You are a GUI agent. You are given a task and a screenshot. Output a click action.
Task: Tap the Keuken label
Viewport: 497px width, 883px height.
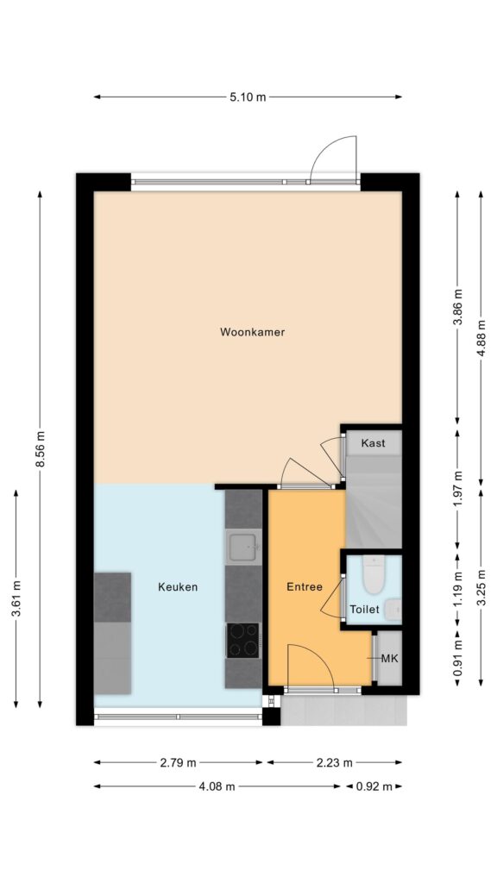point(178,586)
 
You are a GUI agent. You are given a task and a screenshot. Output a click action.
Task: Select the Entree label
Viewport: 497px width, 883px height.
point(305,586)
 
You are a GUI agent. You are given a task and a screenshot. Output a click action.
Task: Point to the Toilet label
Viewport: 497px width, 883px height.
point(364,610)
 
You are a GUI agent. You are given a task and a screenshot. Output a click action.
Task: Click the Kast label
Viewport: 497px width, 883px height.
point(373,443)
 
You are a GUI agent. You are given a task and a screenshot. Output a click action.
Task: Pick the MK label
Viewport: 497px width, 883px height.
point(389,658)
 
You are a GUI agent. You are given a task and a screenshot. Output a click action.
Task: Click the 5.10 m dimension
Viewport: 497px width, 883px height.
point(248,97)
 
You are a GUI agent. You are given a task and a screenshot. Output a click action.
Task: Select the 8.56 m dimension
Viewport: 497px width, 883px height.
point(40,448)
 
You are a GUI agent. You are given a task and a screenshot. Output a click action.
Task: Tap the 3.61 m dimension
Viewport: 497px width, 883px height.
point(16,598)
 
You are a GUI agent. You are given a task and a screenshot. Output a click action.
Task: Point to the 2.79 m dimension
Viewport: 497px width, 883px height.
point(178,763)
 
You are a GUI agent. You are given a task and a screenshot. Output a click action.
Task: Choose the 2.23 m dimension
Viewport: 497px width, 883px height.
point(334,763)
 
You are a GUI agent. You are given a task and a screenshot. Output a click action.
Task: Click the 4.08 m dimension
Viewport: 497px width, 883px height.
point(217,786)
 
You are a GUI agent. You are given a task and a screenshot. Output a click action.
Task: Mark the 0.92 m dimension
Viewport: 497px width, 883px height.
point(374,786)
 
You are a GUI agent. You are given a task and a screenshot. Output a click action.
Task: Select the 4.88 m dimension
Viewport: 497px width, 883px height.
point(481,338)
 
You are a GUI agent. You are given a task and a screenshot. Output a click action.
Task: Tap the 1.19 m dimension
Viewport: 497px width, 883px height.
point(457,590)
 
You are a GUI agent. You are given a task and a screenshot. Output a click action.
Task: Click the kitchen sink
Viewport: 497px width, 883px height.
point(243,546)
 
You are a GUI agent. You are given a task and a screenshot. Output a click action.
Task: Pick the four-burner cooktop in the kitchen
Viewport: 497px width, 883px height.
point(243,641)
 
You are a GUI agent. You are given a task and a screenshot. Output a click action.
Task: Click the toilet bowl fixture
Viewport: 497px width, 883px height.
point(373,574)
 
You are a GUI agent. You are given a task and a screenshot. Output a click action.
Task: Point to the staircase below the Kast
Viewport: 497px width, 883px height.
point(373,501)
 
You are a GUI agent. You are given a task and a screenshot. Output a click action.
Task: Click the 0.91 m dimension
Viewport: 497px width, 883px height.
point(457,658)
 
